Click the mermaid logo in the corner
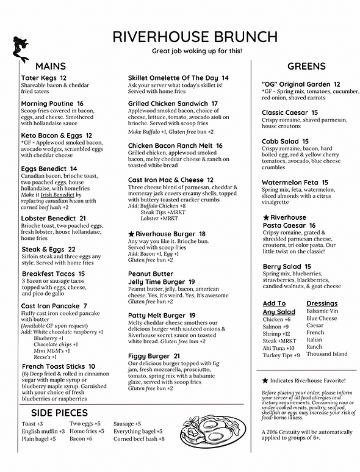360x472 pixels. click(21, 49)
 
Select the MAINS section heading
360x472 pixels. click(51, 66)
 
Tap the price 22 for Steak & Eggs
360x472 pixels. click(72, 249)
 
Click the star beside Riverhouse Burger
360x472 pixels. click(131, 234)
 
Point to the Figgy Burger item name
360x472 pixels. click(149, 356)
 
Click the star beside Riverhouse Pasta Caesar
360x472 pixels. click(265, 217)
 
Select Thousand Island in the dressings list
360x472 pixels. click(326, 354)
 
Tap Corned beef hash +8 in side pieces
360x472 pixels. click(139, 439)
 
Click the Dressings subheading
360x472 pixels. click(322, 303)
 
